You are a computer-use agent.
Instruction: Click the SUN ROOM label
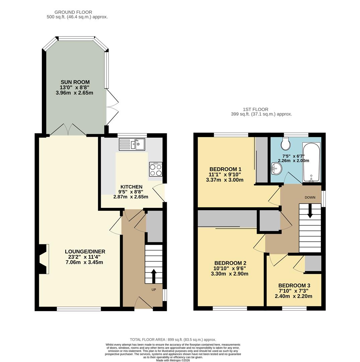pyautogui.click(x=75, y=82)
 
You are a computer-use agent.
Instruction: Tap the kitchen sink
pyautogui.click(x=132, y=144)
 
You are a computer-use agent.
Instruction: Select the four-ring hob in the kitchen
pyautogui.click(x=156, y=170)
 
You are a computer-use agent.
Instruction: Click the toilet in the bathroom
pyautogui.click(x=286, y=143)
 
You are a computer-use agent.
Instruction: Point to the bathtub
pyautogui.click(x=311, y=163)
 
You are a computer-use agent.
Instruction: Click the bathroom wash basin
pyautogui.click(x=277, y=168)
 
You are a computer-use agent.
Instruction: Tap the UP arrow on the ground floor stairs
pyautogui.click(x=154, y=276)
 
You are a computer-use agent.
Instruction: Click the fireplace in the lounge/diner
pyautogui.click(x=43, y=259)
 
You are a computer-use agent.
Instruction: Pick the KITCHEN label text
pyautogui.click(x=131, y=187)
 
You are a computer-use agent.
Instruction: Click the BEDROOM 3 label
pyautogui.click(x=294, y=286)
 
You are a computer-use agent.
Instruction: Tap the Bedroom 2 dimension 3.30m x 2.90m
pyautogui.click(x=229, y=274)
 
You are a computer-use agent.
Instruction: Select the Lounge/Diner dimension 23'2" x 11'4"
pyautogui.click(x=85, y=257)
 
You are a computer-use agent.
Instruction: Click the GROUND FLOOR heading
pyautogui.click(x=73, y=12)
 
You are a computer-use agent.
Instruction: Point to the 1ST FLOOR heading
pyautogui.click(x=256, y=109)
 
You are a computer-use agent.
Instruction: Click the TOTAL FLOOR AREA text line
pyautogui.click(x=173, y=340)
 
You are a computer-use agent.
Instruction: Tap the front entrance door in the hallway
pyautogui.click(x=144, y=303)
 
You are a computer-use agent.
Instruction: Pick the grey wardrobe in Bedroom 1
pyautogui.click(x=262, y=160)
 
